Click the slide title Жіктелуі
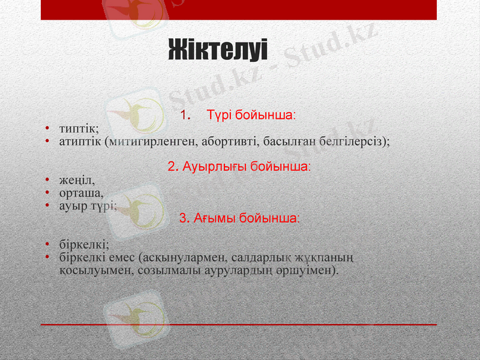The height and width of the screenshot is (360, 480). pos(217,49)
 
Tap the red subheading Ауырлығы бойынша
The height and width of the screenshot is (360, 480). pos(239,166)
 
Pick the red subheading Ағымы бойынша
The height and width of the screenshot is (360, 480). pos(240,218)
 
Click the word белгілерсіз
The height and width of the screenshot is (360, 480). pos(354,142)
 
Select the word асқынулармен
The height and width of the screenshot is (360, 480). pos(179,258)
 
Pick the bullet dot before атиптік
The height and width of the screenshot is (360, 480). pos(47,142)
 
